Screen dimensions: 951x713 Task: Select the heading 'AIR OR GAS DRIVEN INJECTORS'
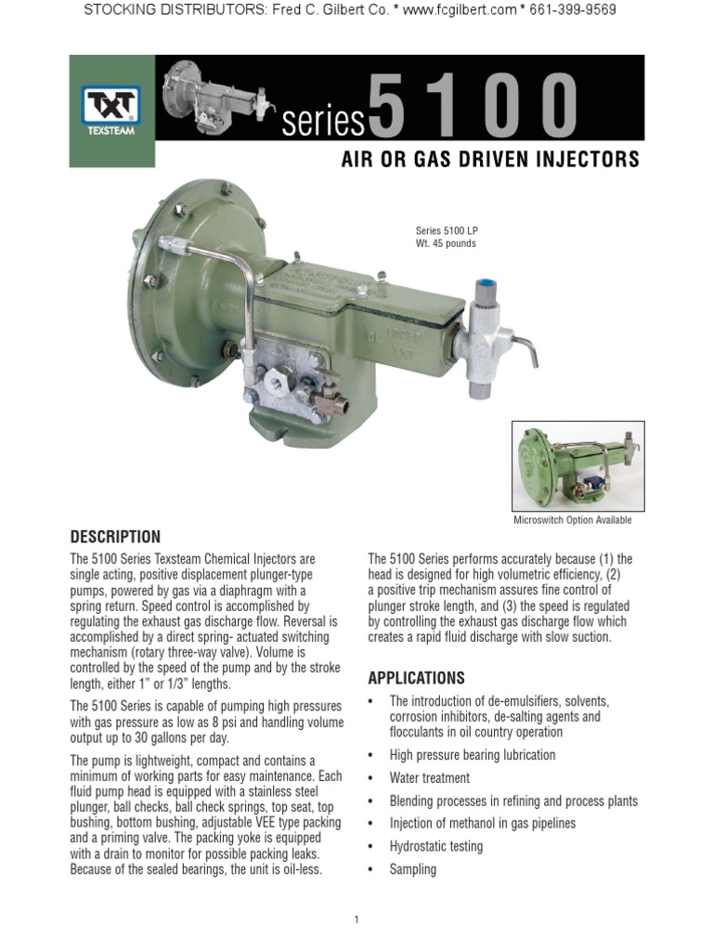click(x=490, y=160)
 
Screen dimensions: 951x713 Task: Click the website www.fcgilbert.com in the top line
click(x=445, y=10)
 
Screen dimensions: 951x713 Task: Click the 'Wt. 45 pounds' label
click(x=446, y=244)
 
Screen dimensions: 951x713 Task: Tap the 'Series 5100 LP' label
click(x=447, y=231)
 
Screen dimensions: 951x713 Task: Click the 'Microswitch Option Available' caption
click(x=573, y=520)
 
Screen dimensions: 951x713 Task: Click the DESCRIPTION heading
click(x=116, y=537)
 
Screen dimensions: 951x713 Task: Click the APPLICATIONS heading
click(x=417, y=678)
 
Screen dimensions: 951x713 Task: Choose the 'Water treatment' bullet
click(x=429, y=778)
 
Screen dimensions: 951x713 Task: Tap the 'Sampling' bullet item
click(x=412, y=869)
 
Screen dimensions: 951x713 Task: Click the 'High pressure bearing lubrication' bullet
click(x=473, y=755)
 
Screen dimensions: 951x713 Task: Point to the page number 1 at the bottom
click(x=356, y=919)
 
